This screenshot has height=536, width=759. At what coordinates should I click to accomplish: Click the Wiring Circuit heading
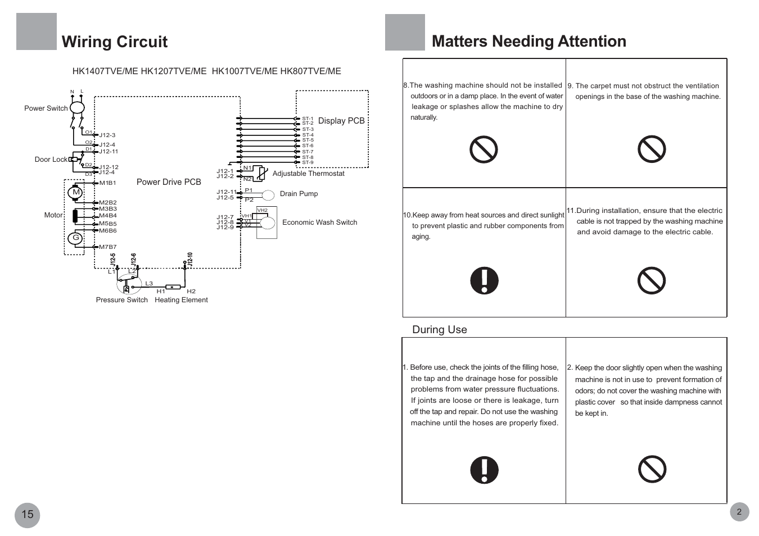115,42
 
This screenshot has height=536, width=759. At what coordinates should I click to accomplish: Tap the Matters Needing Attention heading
529,42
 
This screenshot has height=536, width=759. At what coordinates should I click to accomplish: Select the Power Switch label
46,108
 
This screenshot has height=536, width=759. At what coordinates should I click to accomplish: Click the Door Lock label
51,160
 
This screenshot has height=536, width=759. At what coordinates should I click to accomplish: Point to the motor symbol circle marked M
75,192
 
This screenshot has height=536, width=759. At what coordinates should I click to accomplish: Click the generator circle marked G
75,238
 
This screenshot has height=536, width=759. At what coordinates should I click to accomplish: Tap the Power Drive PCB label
169,182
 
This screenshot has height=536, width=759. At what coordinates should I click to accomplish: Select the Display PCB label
341,121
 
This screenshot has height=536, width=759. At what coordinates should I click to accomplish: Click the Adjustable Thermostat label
308,174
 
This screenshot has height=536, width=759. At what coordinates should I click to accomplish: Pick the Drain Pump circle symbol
268,195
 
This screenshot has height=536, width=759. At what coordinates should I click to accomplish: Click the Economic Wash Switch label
319,222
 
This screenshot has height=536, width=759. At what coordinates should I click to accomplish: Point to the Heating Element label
181,300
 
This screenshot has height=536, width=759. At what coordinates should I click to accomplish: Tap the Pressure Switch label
121,300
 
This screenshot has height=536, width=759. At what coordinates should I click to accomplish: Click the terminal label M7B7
108,247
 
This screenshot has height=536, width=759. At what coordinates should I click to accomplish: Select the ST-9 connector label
308,162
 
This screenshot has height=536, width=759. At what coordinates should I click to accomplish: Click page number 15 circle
27,515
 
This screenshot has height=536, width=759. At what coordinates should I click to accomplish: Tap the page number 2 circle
739,512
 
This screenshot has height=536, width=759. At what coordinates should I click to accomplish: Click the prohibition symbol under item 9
652,149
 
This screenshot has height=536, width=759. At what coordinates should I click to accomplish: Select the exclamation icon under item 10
484,280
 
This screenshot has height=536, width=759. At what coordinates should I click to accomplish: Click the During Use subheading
440,329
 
